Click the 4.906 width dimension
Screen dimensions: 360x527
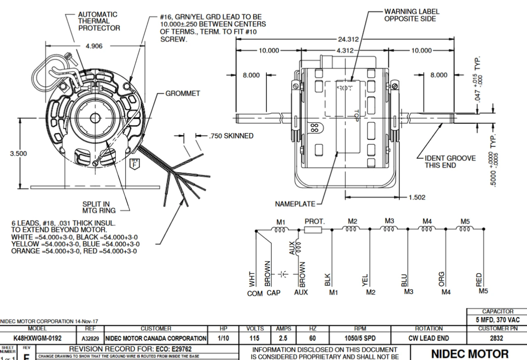pyautogui.click(x=94, y=46)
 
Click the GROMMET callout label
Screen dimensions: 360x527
pyautogui.click(x=182, y=93)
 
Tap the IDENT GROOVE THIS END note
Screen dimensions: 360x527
pyautogui.click(x=450, y=162)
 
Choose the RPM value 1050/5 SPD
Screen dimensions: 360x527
pyautogui.click(x=359, y=338)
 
